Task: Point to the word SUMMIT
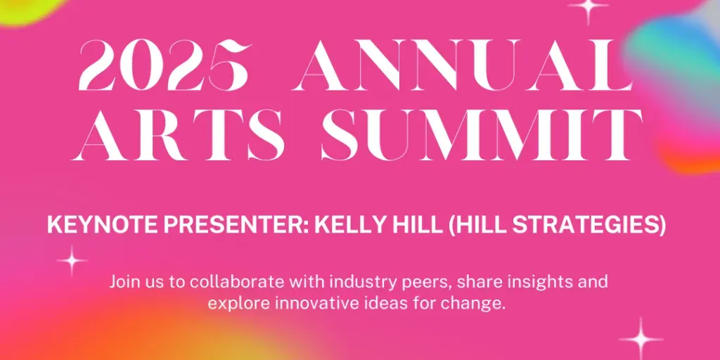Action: tap(482, 134)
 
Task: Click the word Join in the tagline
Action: tap(123, 281)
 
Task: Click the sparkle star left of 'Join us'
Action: tap(72, 261)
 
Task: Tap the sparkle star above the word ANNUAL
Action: tap(588, 6)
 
